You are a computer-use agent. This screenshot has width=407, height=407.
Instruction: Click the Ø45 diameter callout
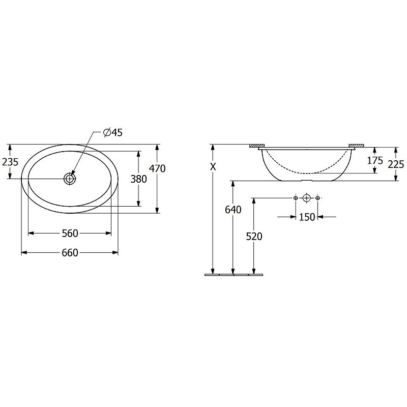pos(113,133)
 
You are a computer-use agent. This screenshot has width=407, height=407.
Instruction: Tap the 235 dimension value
pos(10,162)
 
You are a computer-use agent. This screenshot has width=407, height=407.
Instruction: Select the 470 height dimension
pos(157,169)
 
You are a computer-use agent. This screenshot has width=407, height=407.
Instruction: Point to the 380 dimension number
pos(138,179)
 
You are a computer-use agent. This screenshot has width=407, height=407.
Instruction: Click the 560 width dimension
pos(70,234)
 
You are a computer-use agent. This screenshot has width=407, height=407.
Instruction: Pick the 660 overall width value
pos(70,252)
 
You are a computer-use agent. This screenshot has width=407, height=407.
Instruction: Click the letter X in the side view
pos(213,167)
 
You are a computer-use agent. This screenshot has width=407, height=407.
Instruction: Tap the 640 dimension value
pos(233,210)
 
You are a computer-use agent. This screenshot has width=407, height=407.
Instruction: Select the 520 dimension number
pos(254,237)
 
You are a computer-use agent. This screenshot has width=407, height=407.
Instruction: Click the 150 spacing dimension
pos(307,217)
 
